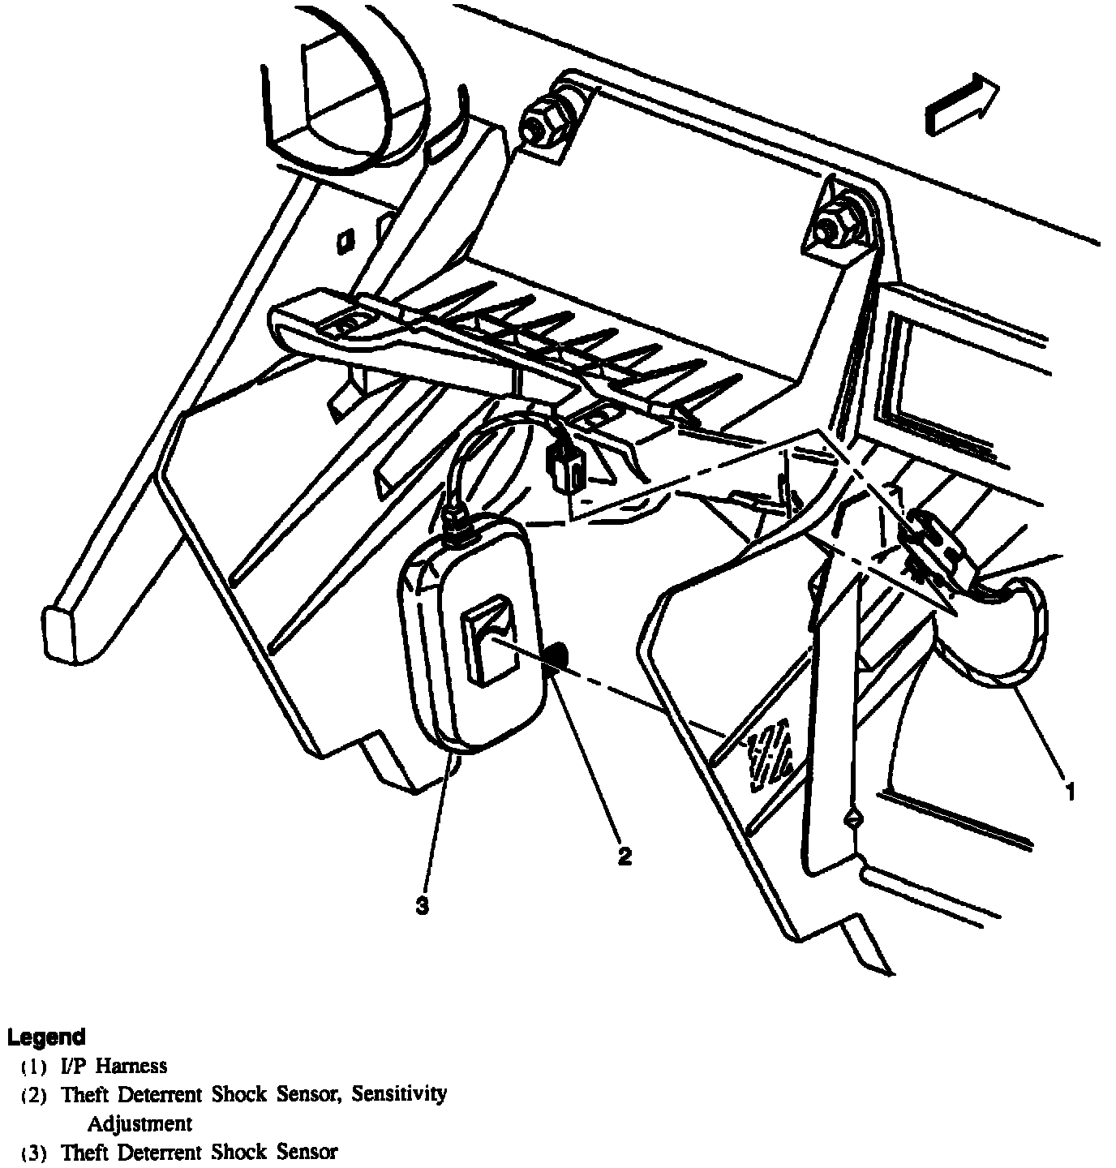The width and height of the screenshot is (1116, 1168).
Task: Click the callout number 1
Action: coord(1070,791)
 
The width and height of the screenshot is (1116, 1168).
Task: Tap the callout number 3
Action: coord(422,905)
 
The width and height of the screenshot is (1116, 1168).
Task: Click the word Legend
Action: coord(46,1037)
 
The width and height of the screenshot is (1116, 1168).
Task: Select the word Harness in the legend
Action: coord(131,1066)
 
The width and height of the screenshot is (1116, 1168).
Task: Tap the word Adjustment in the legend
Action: coord(139,1123)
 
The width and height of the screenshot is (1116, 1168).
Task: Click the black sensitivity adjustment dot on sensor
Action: coord(556,657)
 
